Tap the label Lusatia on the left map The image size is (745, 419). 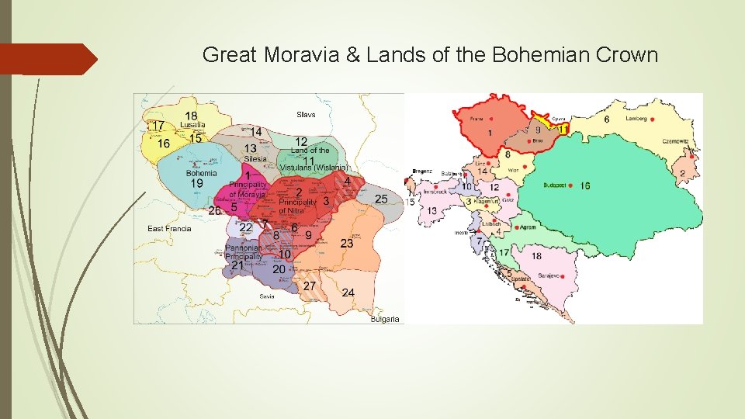pyautogui.click(x=192, y=125)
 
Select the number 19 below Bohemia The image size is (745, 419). pyautogui.click(x=197, y=184)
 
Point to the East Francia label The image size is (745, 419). pyautogui.click(x=169, y=228)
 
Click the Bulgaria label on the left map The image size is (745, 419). pyautogui.click(x=385, y=319)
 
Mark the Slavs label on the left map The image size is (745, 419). pyautogui.click(x=306, y=115)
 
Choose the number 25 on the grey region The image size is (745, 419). pyautogui.click(x=381, y=199)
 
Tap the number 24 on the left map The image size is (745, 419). pyautogui.click(x=348, y=293)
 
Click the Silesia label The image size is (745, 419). pyautogui.click(x=255, y=159)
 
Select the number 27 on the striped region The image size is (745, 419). pyautogui.click(x=310, y=286)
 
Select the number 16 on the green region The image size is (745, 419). pyautogui.click(x=584, y=186)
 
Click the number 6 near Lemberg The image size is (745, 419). pyautogui.click(x=606, y=119)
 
